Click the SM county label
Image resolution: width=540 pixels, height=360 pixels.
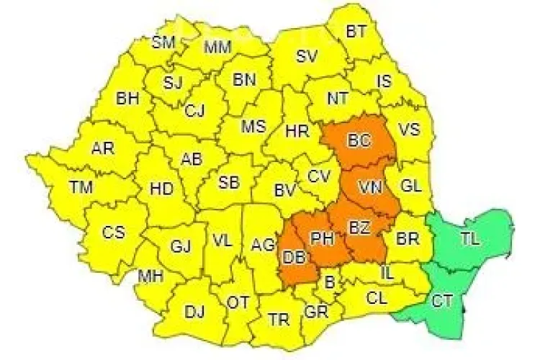point(163,42)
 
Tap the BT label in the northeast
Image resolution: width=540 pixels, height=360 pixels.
point(356,32)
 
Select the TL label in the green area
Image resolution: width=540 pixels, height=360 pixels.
point(469,237)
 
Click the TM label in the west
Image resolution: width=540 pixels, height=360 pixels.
point(81,187)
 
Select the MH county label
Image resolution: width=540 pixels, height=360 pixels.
point(150,276)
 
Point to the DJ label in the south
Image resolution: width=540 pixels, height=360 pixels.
point(194,312)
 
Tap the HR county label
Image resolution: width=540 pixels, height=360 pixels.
point(297,131)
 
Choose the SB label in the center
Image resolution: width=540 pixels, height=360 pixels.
point(229,181)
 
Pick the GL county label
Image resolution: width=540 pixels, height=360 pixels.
point(410,185)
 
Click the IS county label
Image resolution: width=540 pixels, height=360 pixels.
point(384,81)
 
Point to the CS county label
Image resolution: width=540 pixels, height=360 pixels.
point(113,233)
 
